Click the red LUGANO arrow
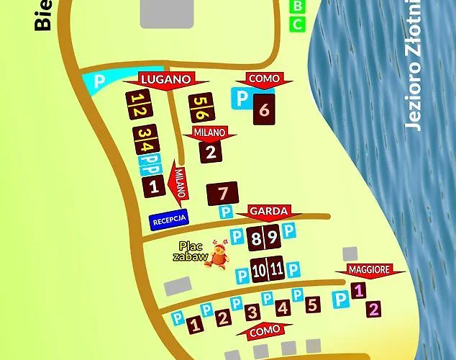pos(165,79)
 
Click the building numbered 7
pos(223,194)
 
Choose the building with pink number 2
pos(373,310)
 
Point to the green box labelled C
pos(297,24)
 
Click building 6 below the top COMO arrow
pos(264,110)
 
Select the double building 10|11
pos(267,269)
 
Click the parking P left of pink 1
pos(340,298)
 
